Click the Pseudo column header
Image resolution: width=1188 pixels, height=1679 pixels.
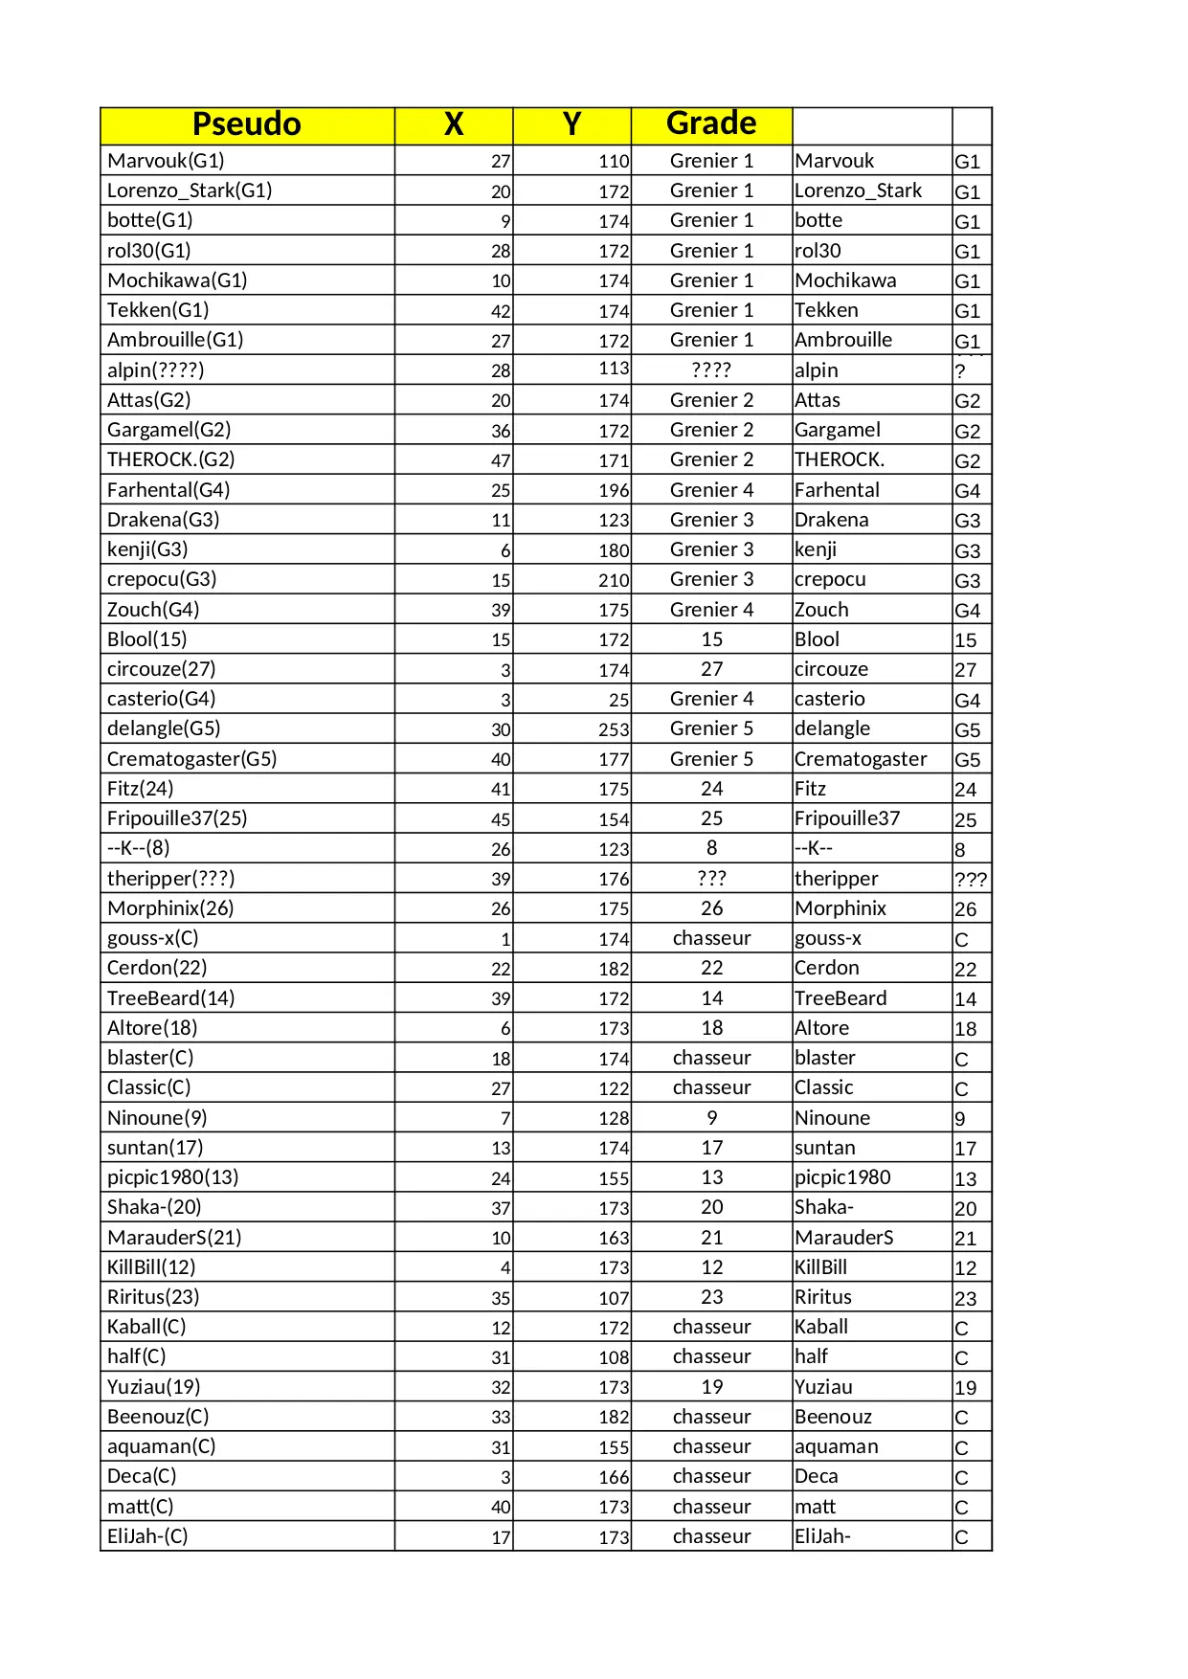pyautogui.click(x=247, y=125)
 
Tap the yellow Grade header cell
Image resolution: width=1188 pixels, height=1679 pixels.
pyautogui.click(x=711, y=124)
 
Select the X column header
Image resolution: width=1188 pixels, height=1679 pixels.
pyautogui.click(x=454, y=125)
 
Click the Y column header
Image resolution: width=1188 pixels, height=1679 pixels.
pyautogui.click(x=572, y=125)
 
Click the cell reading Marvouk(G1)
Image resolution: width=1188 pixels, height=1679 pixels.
pyautogui.click(x=166, y=161)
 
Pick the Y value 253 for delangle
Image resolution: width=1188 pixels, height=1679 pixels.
pyautogui.click(x=614, y=729)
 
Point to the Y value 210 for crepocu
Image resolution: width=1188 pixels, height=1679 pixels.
pyautogui.click(x=614, y=580)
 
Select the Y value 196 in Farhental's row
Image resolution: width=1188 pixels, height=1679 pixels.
pyautogui.click(x=614, y=491)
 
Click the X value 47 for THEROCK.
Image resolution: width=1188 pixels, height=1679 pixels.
pyautogui.click(x=501, y=460)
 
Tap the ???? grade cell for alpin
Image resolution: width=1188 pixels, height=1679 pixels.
pyautogui.click(x=711, y=370)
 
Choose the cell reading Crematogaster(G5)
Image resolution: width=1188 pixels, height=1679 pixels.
pyautogui.click(x=191, y=759)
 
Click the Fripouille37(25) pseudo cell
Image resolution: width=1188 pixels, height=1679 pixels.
pyautogui.click(x=177, y=818)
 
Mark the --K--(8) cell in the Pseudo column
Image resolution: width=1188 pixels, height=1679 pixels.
pyautogui.click(x=138, y=848)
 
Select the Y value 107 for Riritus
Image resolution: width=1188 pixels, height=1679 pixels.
pyautogui.click(x=614, y=1298)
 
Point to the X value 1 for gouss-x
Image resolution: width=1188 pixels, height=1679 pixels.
pyautogui.click(x=505, y=939)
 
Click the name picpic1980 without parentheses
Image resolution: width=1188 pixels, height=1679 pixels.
pyautogui.click(x=842, y=1177)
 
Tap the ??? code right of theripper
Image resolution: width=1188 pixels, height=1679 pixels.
pyautogui.click(x=970, y=880)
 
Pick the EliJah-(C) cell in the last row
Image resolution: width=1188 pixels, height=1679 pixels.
pyautogui.click(x=147, y=1536)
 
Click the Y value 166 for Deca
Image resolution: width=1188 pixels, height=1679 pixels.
pyautogui.click(x=614, y=1477)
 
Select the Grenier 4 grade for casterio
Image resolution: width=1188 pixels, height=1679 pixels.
pyautogui.click(x=711, y=699)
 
